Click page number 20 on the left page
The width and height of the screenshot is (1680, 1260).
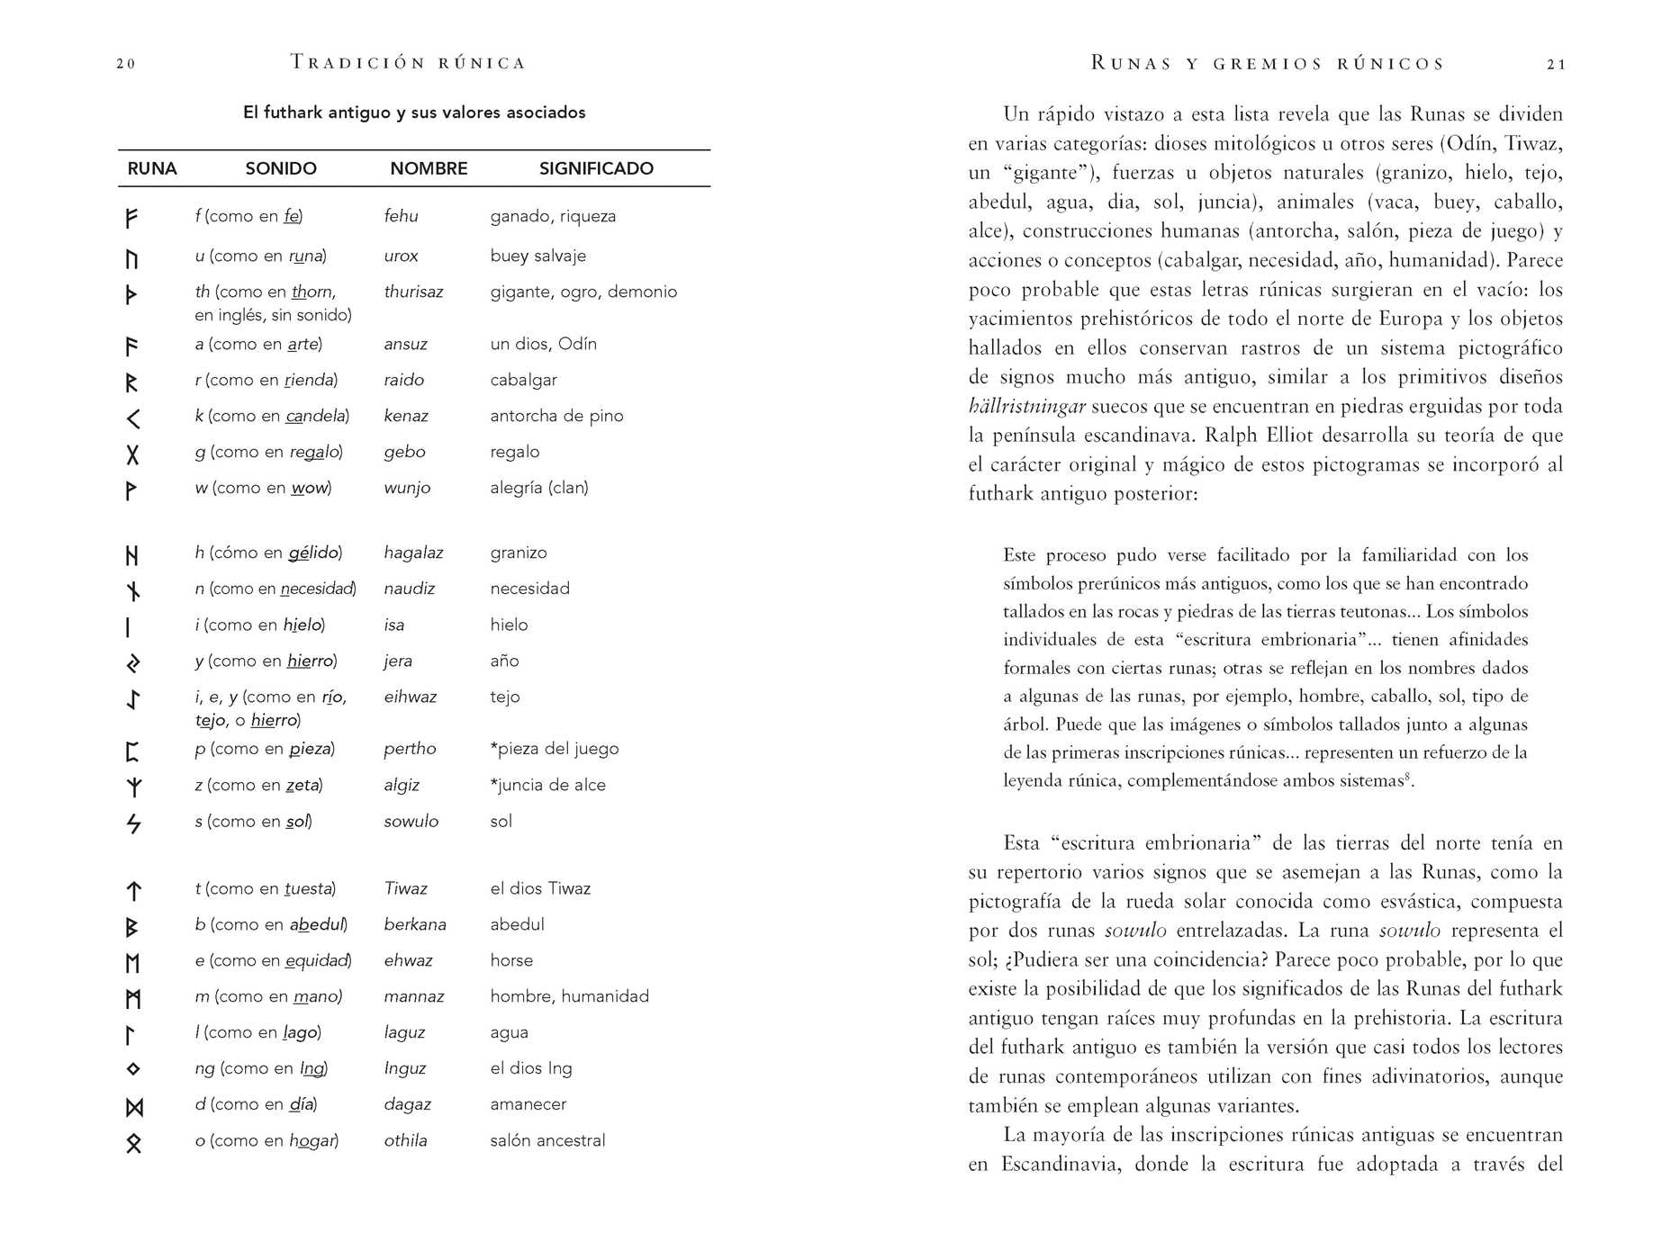click(126, 64)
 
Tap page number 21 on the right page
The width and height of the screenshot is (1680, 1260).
click(1556, 65)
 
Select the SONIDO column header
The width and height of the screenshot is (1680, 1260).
click(281, 168)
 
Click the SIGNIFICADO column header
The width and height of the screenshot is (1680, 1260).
click(596, 168)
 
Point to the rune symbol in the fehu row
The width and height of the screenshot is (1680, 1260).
click(131, 217)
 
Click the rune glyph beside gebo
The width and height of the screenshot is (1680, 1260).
click(132, 454)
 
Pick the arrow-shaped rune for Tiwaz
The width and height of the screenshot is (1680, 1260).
click(133, 891)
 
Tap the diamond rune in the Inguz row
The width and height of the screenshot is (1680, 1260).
click(133, 1069)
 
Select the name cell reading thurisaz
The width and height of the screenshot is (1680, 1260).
click(413, 292)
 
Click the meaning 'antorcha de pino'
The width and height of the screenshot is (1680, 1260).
click(556, 416)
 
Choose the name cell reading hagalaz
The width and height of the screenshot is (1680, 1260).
click(413, 553)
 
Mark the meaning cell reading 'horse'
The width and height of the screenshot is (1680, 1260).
click(511, 960)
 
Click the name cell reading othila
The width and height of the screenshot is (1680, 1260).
click(405, 1140)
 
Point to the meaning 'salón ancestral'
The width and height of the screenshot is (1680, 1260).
click(547, 1140)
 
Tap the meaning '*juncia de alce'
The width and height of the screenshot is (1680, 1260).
click(547, 785)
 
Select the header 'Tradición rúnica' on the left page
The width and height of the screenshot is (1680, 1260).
click(408, 63)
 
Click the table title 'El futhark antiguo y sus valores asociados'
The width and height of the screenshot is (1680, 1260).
click(414, 112)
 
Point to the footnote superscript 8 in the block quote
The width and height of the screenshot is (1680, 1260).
click(1407, 775)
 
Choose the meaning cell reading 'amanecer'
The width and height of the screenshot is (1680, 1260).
click(528, 1104)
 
